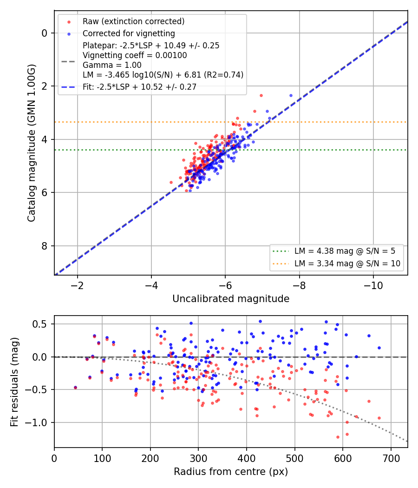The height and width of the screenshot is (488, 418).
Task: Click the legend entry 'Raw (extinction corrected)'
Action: coord(133,21)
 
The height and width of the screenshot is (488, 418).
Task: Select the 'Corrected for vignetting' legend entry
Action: coord(129,33)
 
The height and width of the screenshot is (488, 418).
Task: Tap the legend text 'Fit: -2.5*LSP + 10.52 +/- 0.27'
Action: coord(140,87)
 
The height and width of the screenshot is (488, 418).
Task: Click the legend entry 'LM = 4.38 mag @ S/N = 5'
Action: coord(345,251)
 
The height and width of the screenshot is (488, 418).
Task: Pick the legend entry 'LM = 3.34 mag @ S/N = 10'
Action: coord(347,264)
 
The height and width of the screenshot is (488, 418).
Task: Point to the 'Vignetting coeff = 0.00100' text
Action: coord(135,55)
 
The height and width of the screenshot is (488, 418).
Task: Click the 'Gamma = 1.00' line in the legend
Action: coord(112,65)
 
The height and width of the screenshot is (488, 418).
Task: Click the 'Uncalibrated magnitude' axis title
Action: coord(231,299)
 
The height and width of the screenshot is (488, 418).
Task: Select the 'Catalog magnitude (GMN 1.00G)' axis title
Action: coord(31,143)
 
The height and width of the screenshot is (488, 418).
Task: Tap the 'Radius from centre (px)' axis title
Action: coord(231,472)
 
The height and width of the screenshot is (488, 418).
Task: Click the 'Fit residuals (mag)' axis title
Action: coord(14,382)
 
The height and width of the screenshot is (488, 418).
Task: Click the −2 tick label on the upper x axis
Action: coord(77,285)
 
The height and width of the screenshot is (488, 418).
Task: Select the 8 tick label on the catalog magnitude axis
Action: coord(45,246)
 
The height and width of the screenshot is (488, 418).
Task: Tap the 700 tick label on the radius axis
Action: coord(391,458)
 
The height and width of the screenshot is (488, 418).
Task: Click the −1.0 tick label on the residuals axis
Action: coord(37,422)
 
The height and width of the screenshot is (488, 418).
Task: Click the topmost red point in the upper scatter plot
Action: coord(261,96)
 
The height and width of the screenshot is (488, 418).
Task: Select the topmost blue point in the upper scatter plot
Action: coord(291,96)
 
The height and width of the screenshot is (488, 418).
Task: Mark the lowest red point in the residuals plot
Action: coord(338,437)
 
